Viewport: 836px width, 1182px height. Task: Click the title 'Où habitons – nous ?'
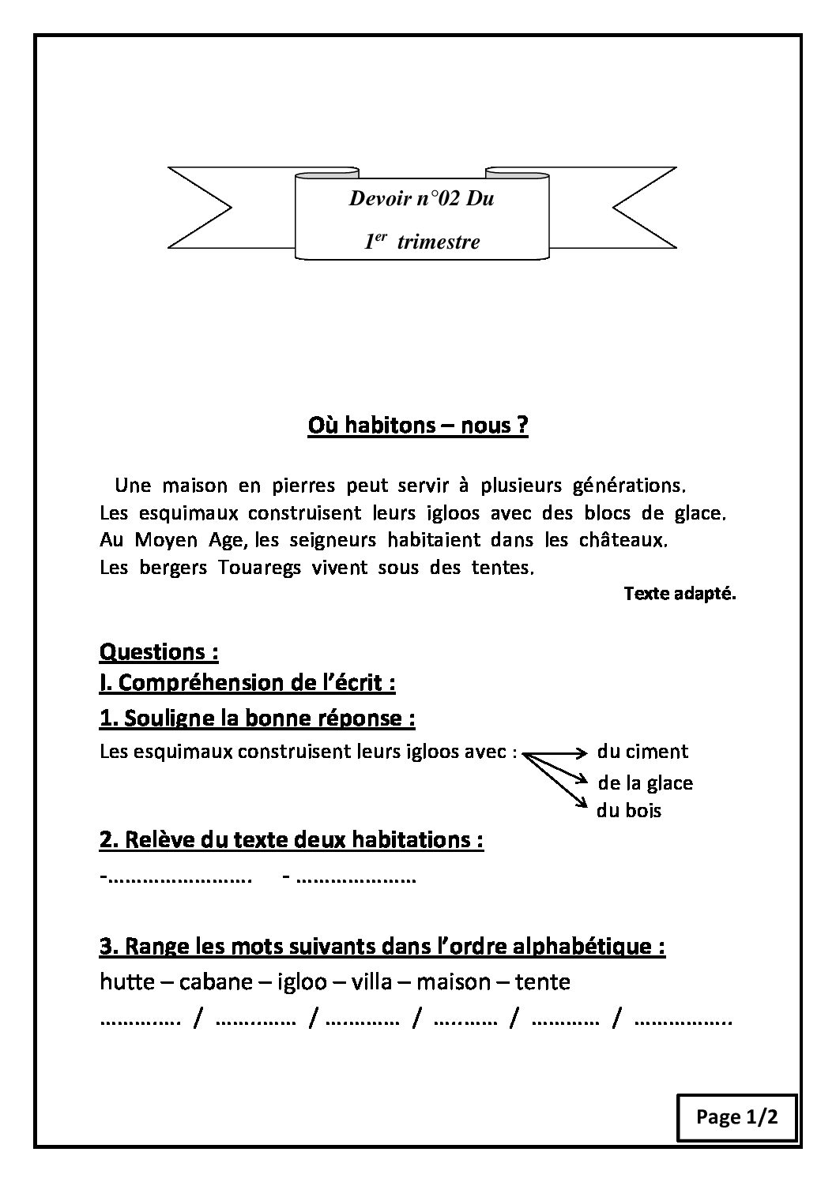417,426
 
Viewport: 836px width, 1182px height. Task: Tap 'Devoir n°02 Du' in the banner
421,198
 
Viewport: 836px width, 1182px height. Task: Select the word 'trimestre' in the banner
438,242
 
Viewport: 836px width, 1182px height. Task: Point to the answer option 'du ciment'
642,752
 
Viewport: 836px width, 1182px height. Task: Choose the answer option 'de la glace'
645,783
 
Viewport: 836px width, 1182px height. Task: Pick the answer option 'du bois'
629,811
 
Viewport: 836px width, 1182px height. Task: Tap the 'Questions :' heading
158,652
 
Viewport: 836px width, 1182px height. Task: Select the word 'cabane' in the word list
213,982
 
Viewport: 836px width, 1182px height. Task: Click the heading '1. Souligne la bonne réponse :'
257,719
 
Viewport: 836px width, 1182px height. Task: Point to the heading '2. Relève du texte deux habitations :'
291,839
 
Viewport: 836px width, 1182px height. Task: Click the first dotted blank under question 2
176,877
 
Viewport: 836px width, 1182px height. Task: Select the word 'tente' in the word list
542,982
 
